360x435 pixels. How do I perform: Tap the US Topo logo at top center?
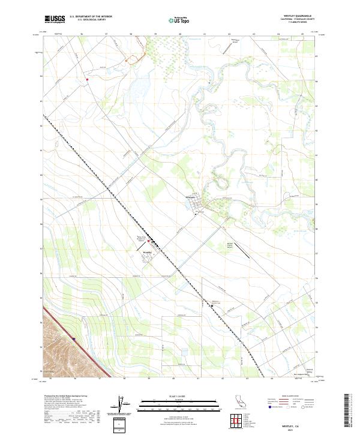173,20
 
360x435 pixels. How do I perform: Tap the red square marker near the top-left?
87,78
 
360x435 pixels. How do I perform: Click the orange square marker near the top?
127,61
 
